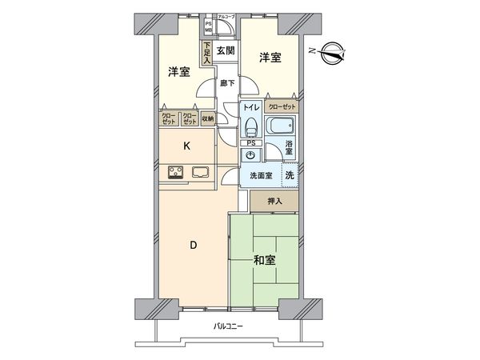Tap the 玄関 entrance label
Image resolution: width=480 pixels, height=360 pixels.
click(225, 51)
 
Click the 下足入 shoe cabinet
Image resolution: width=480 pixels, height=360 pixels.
click(206, 53)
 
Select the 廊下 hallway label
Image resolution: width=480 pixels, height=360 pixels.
click(226, 82)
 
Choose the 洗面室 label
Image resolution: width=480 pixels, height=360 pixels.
click(261, 176)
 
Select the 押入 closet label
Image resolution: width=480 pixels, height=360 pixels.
click(274, 202)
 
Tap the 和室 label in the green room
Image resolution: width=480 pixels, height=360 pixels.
click(265, 259)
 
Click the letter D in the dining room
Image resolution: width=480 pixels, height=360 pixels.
click(192, 246)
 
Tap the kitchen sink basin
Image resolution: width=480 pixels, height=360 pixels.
click(201, 172)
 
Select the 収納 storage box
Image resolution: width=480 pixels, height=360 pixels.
click(208, 118)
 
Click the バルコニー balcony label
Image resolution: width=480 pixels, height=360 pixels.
click(228, 326)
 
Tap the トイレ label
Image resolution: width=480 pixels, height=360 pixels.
click(251, 107)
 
